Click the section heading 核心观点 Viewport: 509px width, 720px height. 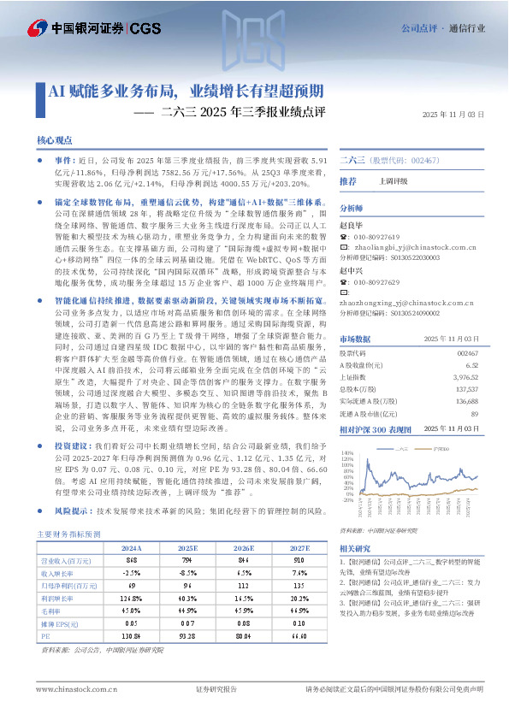[55, 139]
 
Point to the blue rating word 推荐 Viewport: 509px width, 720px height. [348, 181]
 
